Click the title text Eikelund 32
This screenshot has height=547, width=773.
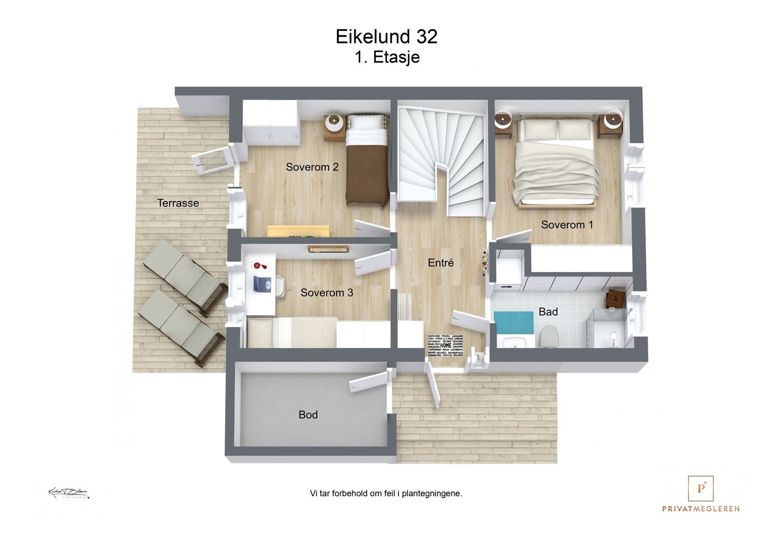[386, 37]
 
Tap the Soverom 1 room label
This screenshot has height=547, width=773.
[567, 225]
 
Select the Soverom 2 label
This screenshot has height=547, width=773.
[312, 167]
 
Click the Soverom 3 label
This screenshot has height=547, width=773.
[327, 293]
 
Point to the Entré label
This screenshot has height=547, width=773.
[441, 263]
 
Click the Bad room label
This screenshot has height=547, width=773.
[548, 312]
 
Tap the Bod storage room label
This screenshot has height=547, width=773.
[308, 415]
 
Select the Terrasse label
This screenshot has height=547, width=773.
[178, 203]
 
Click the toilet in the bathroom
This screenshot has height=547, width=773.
[548, 337]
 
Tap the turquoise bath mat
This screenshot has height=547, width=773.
[514, 322]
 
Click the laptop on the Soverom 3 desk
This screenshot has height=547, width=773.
[262, 284]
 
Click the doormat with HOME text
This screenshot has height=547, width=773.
[445, 345]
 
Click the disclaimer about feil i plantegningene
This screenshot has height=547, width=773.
[386, 493]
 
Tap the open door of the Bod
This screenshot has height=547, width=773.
[369, 381]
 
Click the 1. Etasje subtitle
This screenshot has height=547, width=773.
[387, 57]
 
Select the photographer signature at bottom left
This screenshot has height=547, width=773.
[69, 493]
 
